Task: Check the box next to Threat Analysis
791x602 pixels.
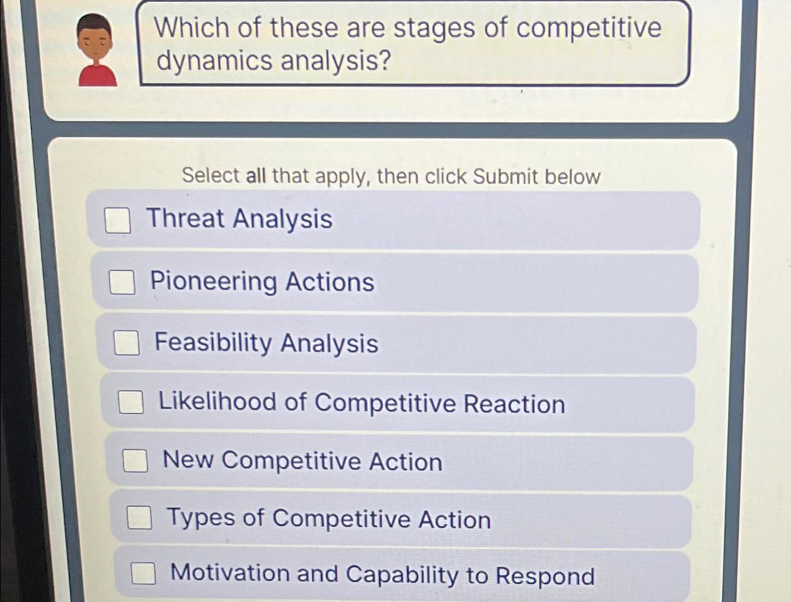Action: click(118, 221)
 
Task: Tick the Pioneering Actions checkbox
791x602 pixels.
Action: click(122, 282)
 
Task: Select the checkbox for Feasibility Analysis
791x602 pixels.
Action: click(127, 343)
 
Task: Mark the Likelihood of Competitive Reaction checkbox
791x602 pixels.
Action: click(132, 402)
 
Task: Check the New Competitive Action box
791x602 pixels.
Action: click(135, 460)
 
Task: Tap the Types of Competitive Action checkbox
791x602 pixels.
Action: click(139, 518)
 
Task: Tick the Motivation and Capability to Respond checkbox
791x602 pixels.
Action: click(144, 573)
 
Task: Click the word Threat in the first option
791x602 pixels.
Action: click(185, 218)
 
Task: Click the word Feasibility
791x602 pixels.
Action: click(213, 342)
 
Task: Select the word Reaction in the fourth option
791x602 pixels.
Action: click(514, 403)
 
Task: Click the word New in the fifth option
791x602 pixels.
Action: click(188, 460)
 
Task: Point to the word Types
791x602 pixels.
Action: click(201, 518)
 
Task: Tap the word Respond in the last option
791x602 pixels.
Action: click(545, 576)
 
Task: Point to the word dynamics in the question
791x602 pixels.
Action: click(214, 61)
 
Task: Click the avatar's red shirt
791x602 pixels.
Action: click(98, 75)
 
